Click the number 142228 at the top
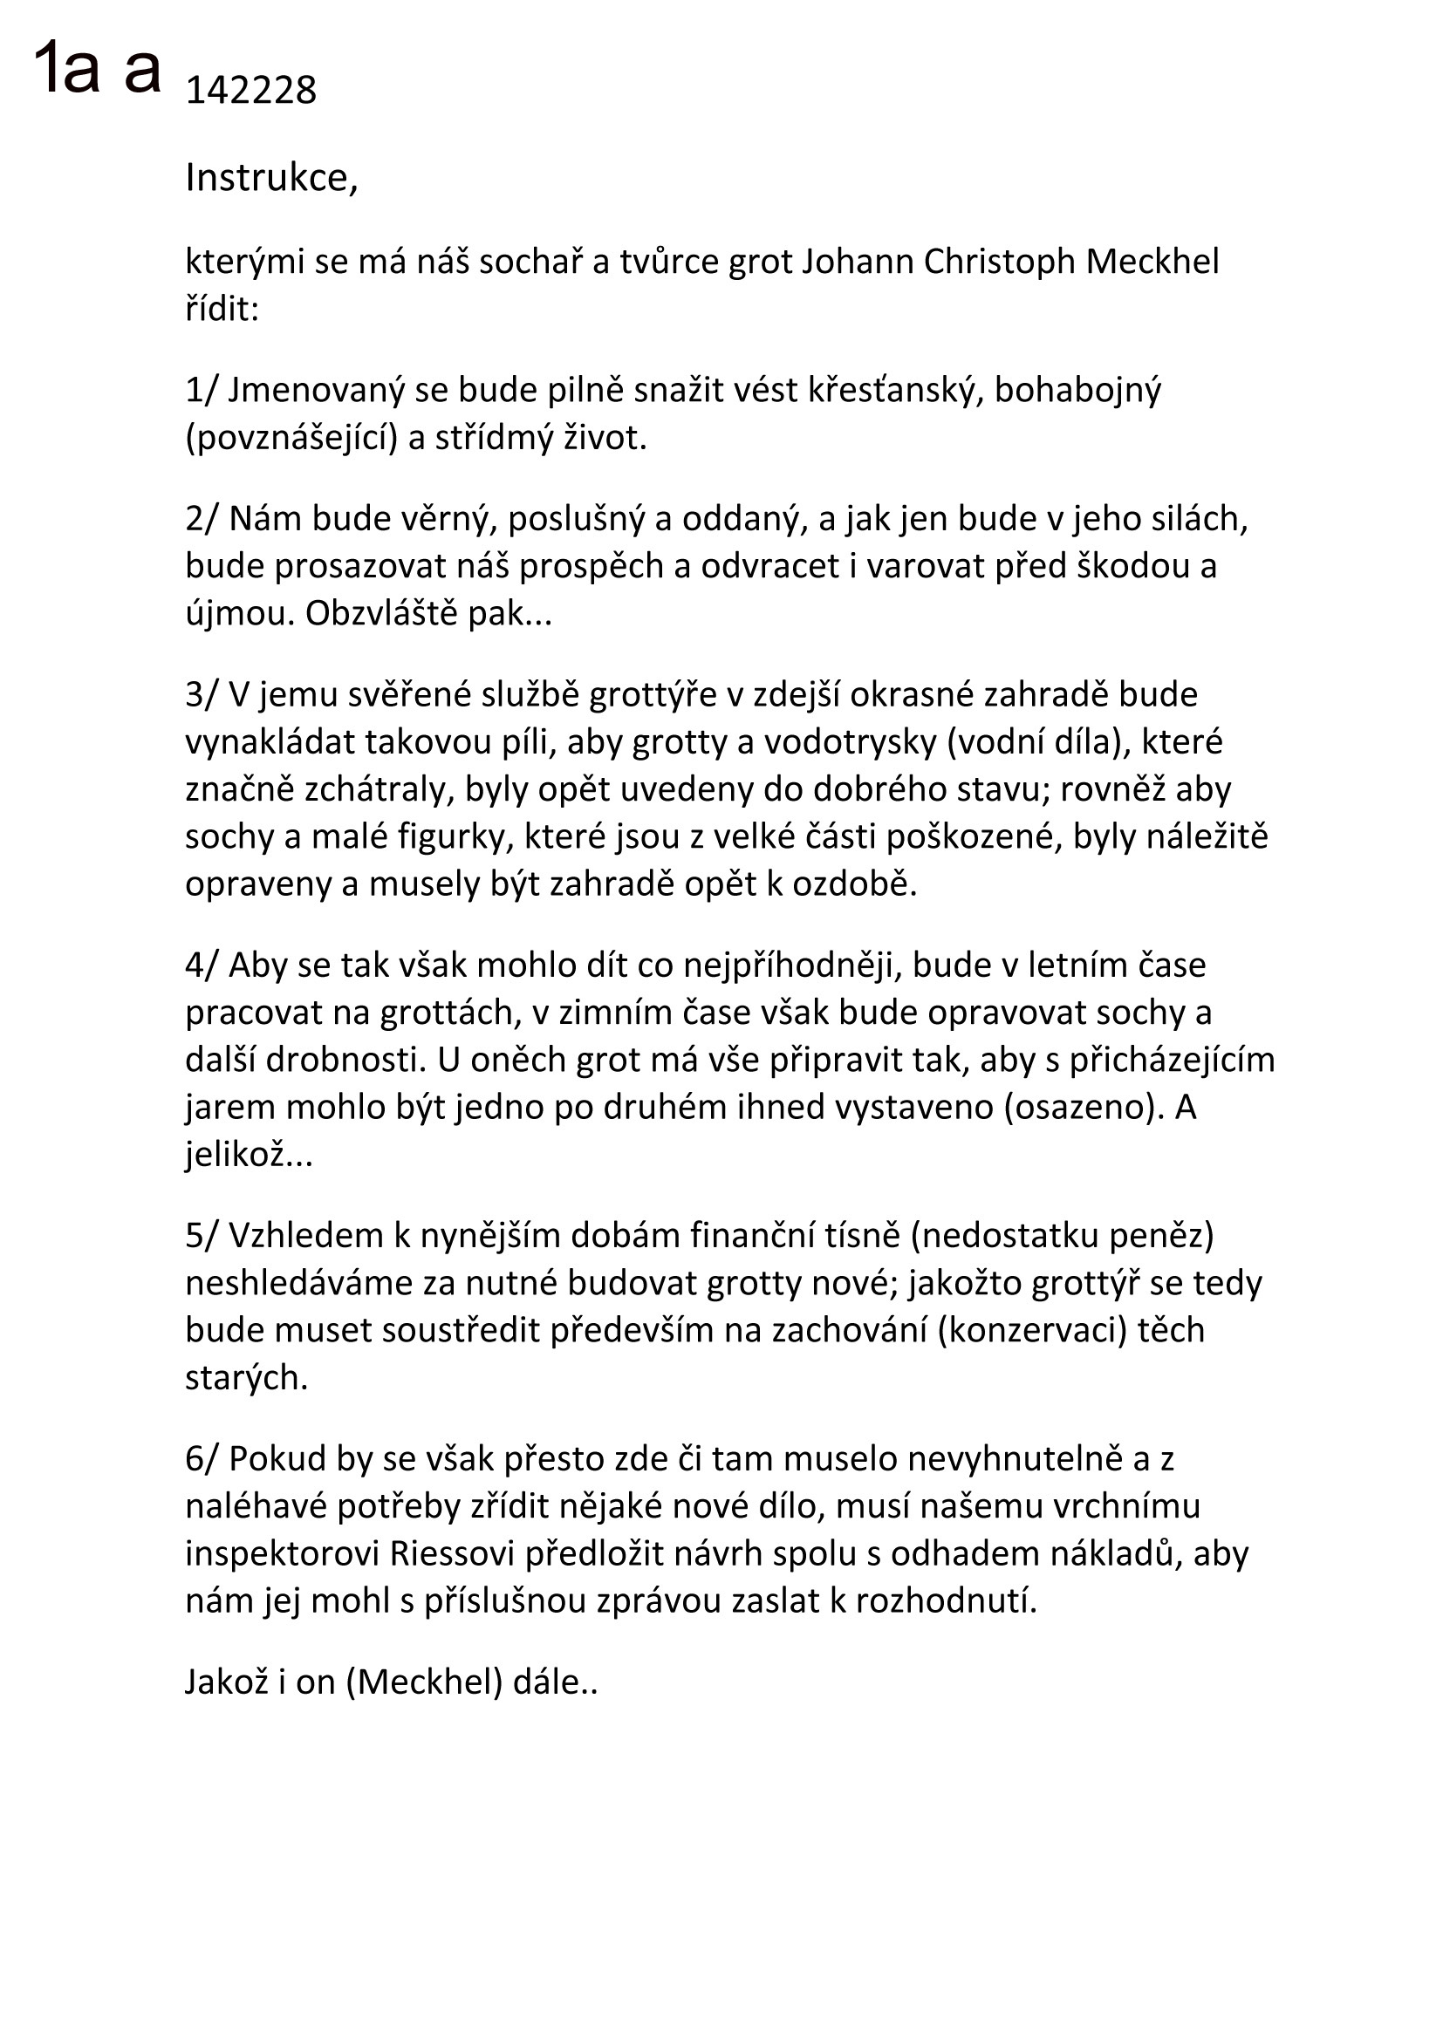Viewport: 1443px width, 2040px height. [250, 91]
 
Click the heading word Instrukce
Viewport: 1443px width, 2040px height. [270, 178]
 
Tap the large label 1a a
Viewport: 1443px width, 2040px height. [98, 68]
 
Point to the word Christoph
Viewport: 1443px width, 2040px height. [1000, 263]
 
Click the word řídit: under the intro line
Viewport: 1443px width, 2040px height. [222, 310]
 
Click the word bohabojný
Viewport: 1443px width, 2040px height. [1077, 390]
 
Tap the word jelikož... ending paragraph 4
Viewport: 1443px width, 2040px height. [249, 1154]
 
